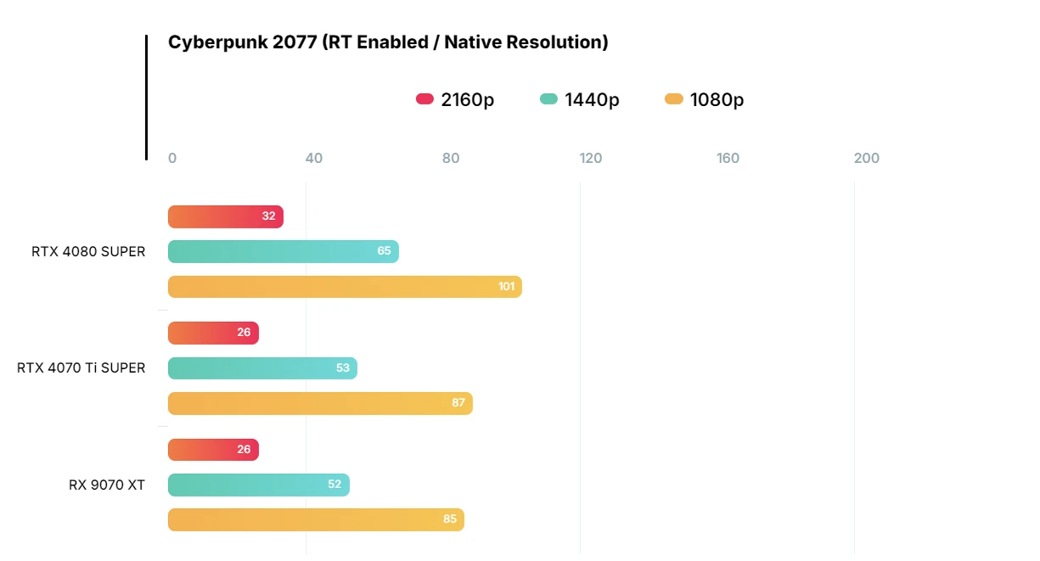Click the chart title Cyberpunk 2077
388,42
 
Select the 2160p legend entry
455,99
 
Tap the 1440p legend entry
580,99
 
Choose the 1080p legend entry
705,99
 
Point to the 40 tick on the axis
314,158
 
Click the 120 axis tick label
591,158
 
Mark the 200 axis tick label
867,158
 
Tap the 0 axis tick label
172,158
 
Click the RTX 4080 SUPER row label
88,251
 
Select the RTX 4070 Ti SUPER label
82,367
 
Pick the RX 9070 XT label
107,485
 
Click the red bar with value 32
225,216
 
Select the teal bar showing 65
283,251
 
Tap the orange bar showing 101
345,287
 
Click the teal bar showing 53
262,367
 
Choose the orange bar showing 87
320,403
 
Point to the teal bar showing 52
258,485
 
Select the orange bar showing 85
316,519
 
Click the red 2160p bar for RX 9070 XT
213,450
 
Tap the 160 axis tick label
728,158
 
